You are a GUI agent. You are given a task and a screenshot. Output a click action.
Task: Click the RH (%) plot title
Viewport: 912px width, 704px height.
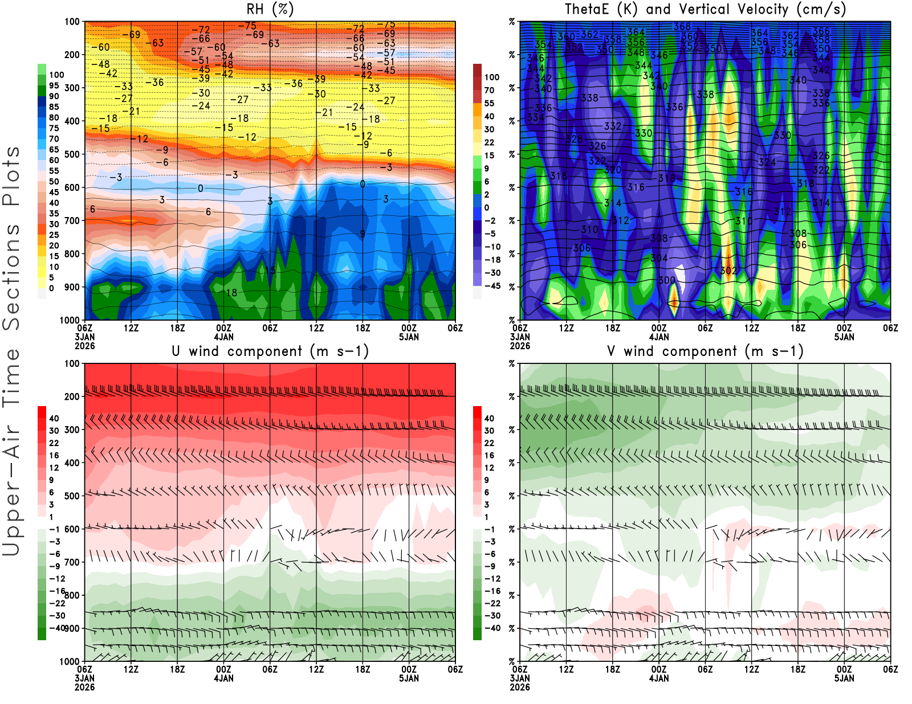coord(270,9)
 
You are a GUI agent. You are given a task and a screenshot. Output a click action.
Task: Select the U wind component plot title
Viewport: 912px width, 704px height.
coord(270,351)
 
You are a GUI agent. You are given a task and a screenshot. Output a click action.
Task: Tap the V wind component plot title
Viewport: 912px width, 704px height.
coord(705,351)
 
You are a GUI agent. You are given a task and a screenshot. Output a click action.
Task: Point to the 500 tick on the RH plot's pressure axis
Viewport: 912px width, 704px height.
coord(72,154)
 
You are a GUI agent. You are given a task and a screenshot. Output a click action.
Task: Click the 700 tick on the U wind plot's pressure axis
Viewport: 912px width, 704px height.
coord(72,562)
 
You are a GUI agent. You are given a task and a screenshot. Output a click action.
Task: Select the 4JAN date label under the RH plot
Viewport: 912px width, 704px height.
coord(223,337)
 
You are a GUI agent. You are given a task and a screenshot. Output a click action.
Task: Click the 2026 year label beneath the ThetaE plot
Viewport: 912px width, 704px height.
coord(520,346)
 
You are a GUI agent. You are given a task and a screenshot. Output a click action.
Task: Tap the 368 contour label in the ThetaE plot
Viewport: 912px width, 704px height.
coord(682,27)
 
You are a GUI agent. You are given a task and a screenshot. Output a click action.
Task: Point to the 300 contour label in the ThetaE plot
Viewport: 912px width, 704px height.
coord(666,280)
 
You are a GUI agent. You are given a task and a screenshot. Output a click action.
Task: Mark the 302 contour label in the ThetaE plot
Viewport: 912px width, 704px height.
coord(728,271)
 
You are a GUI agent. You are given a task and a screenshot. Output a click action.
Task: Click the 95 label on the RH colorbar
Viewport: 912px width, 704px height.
coord(54,85)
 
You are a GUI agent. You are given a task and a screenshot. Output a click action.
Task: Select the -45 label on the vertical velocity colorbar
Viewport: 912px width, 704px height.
coord(492,286)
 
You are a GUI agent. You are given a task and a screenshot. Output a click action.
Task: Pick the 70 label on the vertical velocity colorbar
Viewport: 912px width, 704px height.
coord(489,90)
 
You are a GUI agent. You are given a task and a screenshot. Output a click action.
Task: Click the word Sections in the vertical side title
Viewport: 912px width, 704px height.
coord(11,276)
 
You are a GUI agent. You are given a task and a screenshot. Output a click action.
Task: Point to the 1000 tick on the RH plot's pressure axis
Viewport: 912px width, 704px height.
coord(70,320)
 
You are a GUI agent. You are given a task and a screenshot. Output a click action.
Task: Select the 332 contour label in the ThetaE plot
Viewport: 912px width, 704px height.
coord(612,126)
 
